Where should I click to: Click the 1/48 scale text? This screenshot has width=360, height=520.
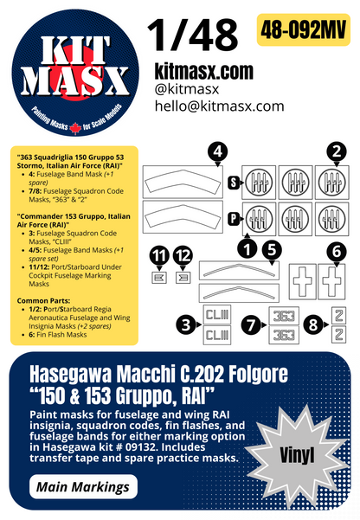(x=192, y=35)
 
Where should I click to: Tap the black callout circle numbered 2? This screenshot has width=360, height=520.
(x=332, y=151)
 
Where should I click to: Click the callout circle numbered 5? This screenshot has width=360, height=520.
(x=271, y=248)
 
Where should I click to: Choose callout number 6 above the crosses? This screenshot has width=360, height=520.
(x=334, y=249)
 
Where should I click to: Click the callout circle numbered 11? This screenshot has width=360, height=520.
(x=157, y=255)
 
